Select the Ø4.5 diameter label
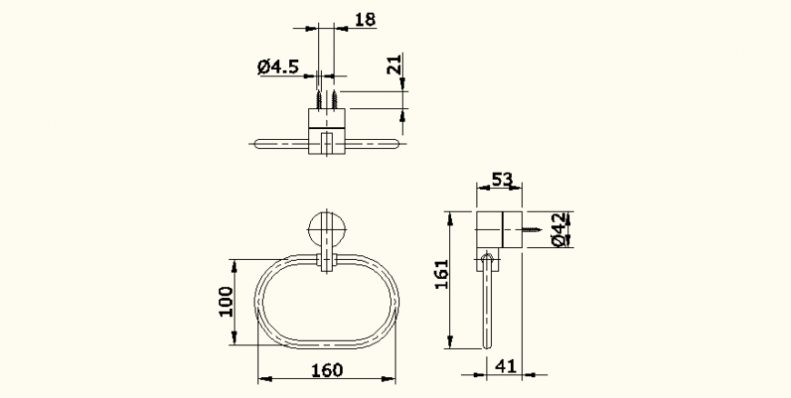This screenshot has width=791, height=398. click(278, 66)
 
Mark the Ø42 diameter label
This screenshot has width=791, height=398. click(558, 230)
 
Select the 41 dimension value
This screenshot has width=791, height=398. click(506, 366)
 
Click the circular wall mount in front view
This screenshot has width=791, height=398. click(326, 229)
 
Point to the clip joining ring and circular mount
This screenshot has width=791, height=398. click(326, 262)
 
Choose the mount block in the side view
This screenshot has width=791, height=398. click(498, 231)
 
